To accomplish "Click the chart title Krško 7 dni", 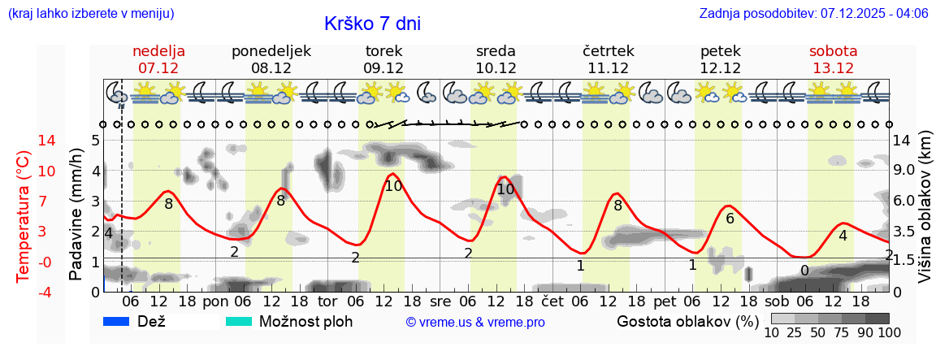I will click(x=372, y=24).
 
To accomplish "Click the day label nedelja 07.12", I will click(x=158, y=59).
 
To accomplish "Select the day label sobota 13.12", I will click(x=833, y=59).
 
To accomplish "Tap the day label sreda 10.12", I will click(x=496, y=59).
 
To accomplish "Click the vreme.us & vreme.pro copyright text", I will click(x=475, y=323).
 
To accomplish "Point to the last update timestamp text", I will click(x=813, y=14).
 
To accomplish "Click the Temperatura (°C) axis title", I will click(x=24, y=215).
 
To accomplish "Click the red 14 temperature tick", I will click(x=24, y=141).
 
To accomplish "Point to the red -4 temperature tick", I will click(x=24, y=292).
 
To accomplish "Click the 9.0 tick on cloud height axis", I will click(x=905, y=171).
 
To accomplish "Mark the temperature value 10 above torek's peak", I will click(x=393, y=186).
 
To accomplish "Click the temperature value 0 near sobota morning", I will click(x=804, y=271).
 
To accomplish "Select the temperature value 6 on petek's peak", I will click(x=730, y=218).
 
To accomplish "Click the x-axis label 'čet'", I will click(x=552, y=301).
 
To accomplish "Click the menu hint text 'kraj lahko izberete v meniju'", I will click(x=90, y=14).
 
